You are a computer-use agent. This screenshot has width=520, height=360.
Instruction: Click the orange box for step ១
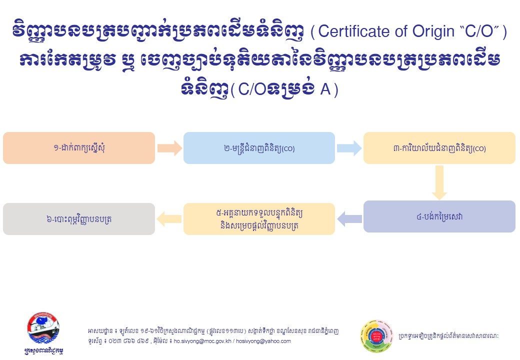[79, 148]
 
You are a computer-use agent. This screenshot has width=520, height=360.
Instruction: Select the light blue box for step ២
[259, 148]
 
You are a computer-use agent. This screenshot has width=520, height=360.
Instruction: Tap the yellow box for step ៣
[439, 148]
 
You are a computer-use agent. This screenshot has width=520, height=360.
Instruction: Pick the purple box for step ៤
[439, 216]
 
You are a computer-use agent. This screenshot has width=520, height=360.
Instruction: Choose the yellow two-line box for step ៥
[259, 218]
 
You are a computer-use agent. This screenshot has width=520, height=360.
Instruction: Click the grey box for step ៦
[79, 218]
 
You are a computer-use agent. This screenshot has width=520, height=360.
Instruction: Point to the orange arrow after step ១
[169, 148]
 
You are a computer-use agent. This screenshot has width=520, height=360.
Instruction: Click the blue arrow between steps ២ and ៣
[348, 148]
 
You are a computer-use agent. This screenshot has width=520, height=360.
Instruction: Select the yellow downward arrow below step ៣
[439, 182]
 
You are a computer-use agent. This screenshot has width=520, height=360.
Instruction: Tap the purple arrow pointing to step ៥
[349, 218]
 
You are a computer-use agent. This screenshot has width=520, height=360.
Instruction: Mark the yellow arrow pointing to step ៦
[169, 218]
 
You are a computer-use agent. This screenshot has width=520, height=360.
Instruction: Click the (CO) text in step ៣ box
[479, 149]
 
